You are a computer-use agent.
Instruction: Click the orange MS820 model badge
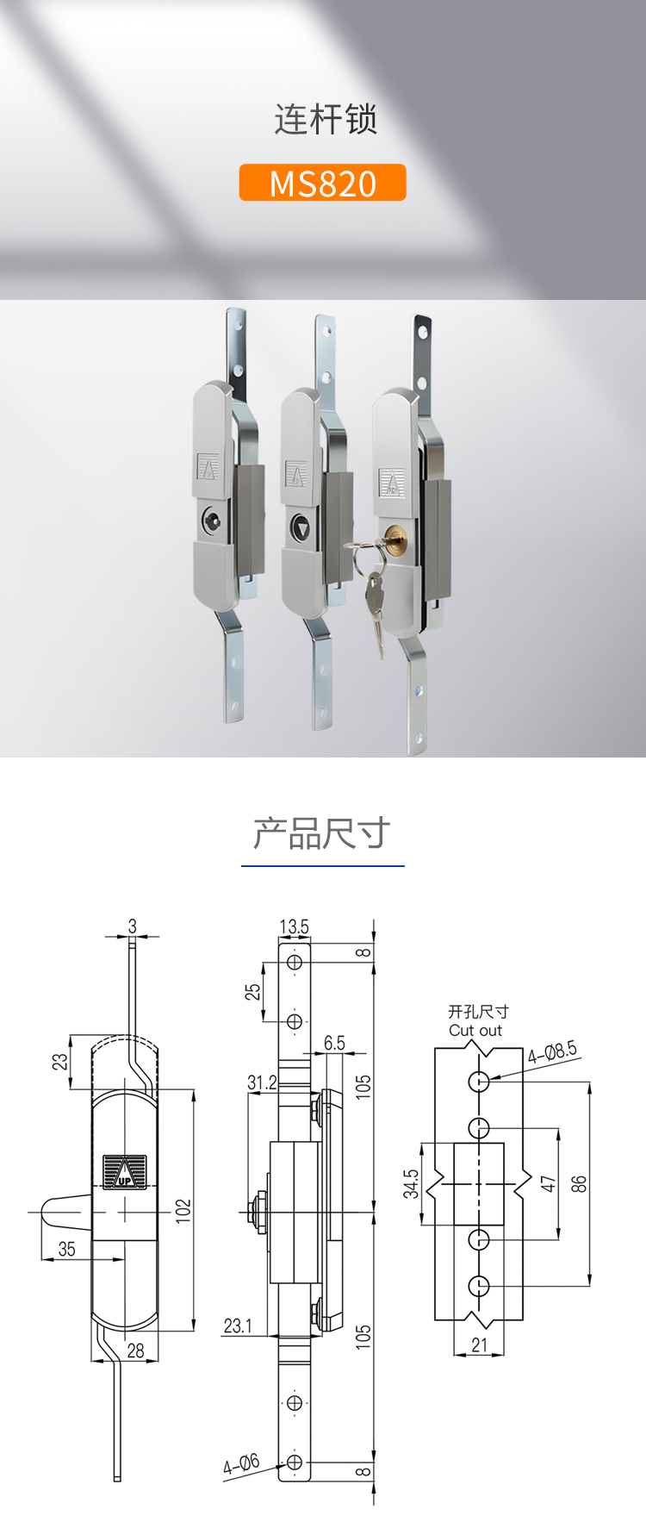[322, 183]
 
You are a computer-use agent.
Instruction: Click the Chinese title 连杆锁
[326, 119]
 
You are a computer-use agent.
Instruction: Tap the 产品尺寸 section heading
[322, 833]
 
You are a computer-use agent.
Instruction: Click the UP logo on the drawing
[124, 1171]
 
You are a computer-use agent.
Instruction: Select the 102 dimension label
[183, 1209]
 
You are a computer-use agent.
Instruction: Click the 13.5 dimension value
[294, 926]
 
